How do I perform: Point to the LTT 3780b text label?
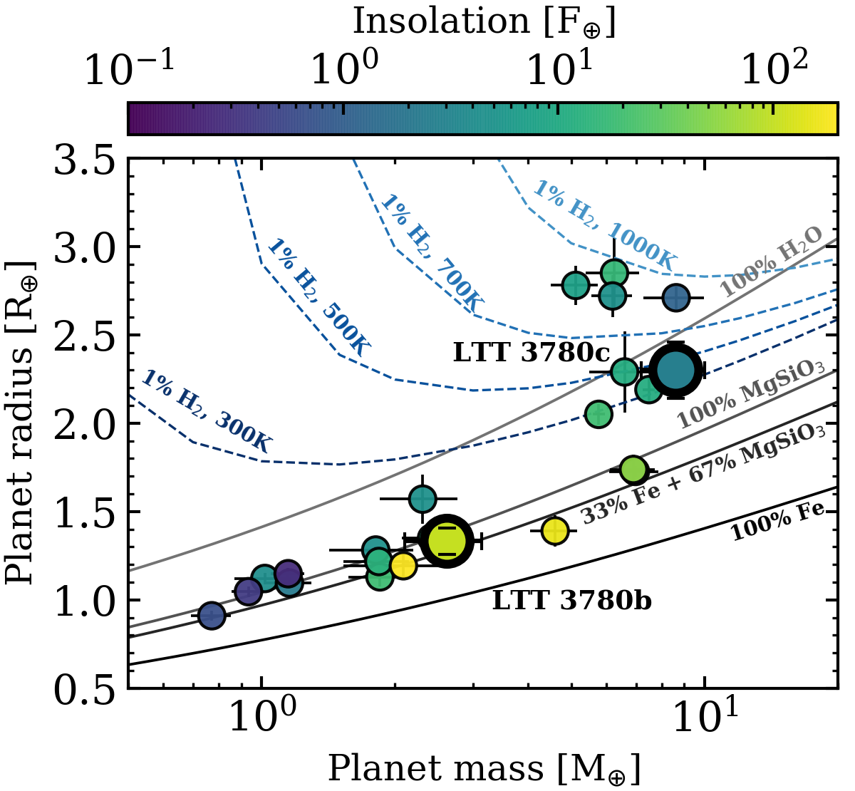click(x=571, y=601)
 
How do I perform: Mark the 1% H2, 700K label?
click(x=432, y=254)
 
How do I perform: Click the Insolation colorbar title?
click(x=484, y=21)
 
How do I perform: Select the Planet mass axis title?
click(x=484, y=770)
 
